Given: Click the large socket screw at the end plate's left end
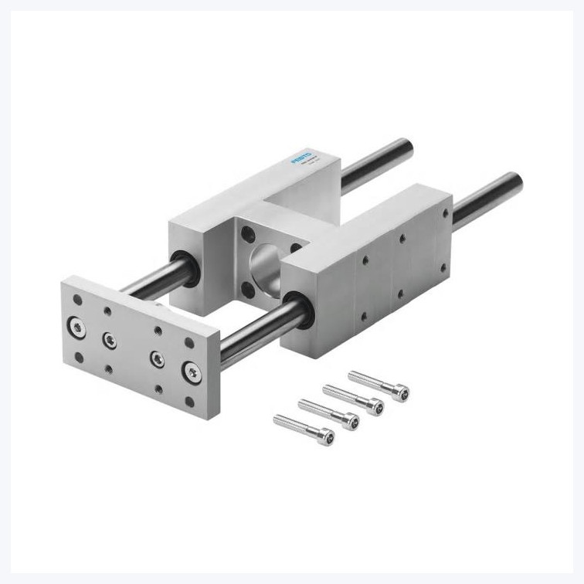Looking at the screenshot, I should tap(78, 326).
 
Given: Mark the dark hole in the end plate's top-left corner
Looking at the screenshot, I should tap(76, 298).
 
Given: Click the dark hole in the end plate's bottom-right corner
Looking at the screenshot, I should tap(189, 402).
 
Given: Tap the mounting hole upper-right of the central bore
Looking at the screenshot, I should tap(295, 249).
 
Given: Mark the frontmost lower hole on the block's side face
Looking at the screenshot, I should tap(363, 315).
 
